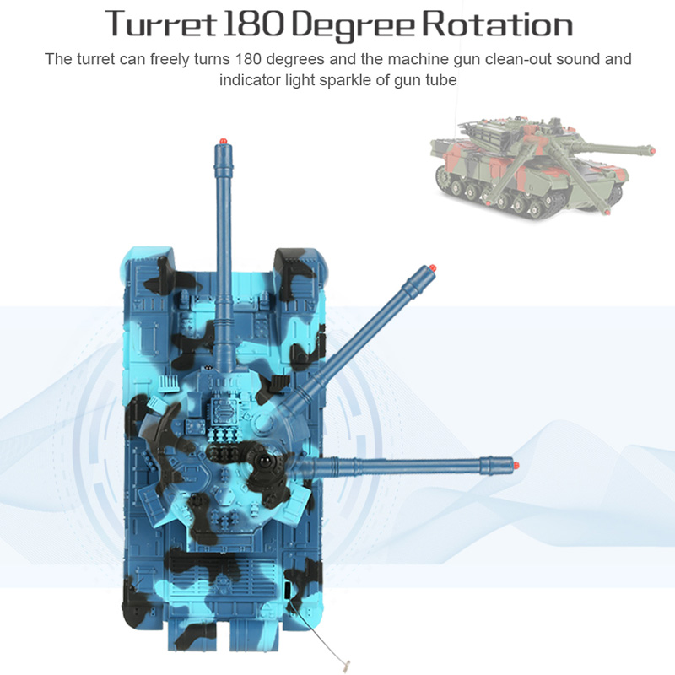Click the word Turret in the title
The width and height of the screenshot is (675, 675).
pos(160,24)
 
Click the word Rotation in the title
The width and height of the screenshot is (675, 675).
pos(498,24)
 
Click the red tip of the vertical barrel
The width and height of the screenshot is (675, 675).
pos(223,141)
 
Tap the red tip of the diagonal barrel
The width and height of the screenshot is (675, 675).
pos(433,268)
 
